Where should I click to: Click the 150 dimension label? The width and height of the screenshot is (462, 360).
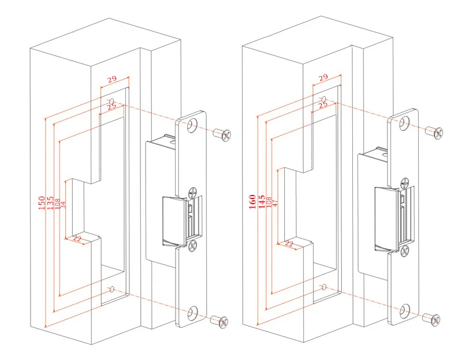tap(42, 202)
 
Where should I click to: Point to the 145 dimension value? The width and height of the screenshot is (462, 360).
tap(262, 201)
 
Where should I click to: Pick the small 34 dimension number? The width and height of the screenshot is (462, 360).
tap(63, 203)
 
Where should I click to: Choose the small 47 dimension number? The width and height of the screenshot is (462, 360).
tap(275, 202)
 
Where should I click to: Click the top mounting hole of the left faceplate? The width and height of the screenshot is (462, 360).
tap(192, 125)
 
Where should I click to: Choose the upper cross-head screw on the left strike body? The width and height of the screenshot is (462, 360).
tap(192, 192)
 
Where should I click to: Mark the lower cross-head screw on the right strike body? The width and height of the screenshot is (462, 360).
tap(404, 250)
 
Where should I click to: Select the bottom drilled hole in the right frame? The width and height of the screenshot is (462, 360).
tap(323, 286)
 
